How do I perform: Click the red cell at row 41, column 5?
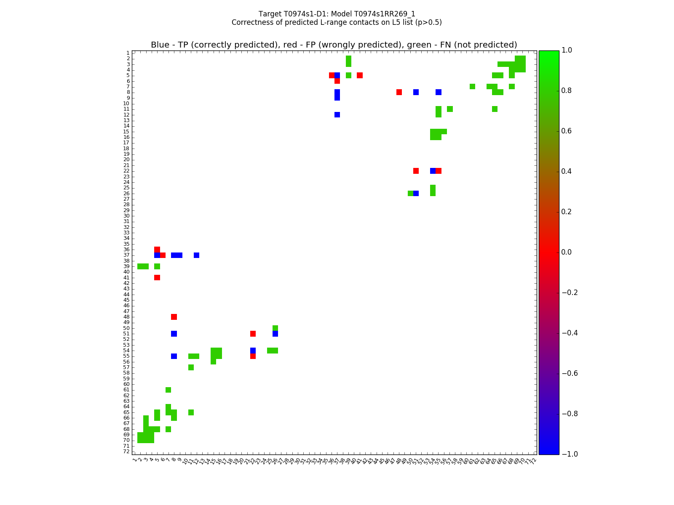157,277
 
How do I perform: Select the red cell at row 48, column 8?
174,317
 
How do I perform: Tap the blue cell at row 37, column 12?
196,255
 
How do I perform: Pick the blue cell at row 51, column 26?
275,334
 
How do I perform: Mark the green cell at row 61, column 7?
168,390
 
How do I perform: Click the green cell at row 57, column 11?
191,367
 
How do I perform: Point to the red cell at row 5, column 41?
360,75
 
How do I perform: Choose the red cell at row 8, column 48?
399,92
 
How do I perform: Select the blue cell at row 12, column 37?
337,114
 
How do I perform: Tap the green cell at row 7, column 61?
472,87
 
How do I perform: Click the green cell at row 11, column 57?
450,109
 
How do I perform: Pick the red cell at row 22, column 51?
416,171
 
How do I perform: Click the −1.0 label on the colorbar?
570,454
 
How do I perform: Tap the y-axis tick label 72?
126,452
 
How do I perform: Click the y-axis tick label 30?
126,216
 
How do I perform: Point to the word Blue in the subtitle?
160,45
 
